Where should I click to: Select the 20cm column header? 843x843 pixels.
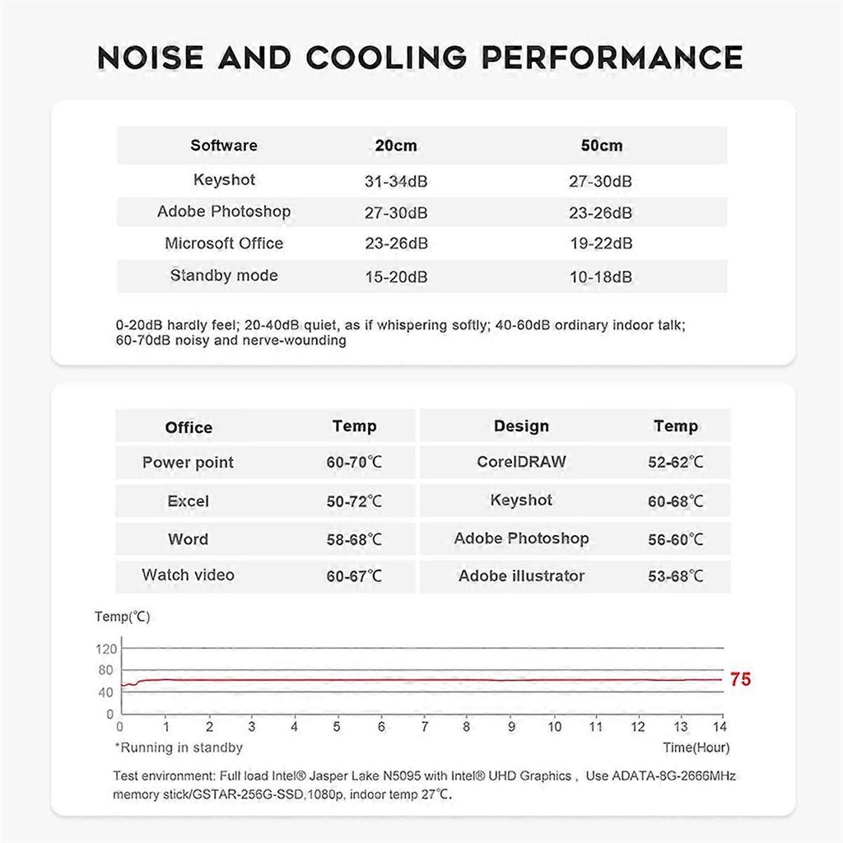point(395,146)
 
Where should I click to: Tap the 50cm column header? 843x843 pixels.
point(601,146)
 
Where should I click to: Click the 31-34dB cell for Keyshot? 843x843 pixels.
point(395,181)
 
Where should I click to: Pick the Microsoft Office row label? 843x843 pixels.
point(224,244)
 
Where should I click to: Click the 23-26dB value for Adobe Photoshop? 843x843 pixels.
point(601,213)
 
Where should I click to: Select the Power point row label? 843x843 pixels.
point(188,463)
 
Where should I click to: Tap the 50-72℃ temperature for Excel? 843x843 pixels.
point(354,501)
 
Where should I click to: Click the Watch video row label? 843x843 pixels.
point(188,575)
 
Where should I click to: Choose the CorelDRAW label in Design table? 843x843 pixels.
point(521,462)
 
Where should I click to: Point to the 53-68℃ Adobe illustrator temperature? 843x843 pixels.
point(675,577)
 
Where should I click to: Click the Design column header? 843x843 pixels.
point(521,426)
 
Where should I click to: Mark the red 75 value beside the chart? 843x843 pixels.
point(740,680)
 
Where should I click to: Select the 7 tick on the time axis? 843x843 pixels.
point(425,728)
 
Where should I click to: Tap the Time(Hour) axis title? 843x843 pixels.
point(696,748)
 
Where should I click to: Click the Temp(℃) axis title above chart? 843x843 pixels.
point(123,617)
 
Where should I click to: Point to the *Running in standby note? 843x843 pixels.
point(179,748)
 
